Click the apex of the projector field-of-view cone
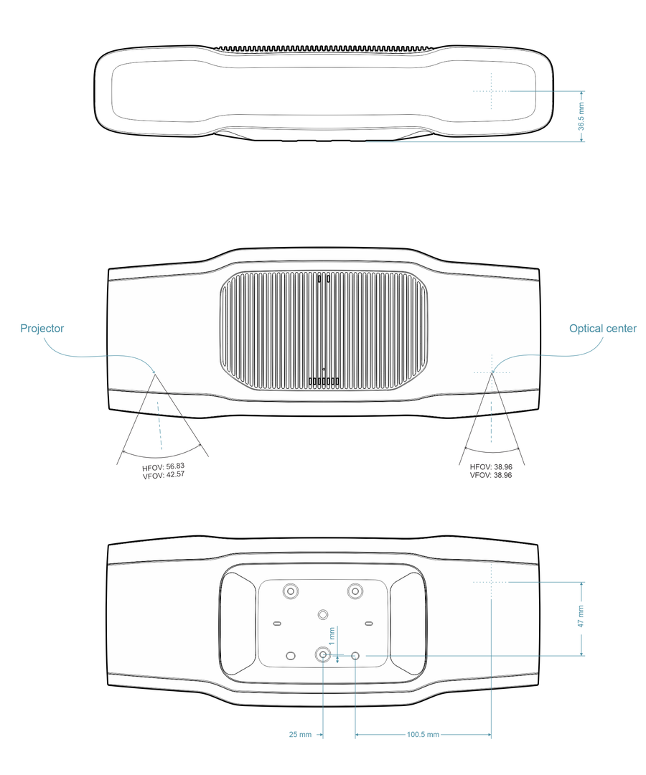tap(156, 375)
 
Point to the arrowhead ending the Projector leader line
tap(154, 371)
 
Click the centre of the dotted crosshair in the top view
tap(491, 91)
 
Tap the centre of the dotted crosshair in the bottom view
tap(491, 582)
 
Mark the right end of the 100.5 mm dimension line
tap(491, 735)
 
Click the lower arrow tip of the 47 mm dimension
tap(581, 655)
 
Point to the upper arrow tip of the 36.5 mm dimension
tap(581, 91)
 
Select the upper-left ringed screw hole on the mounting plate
tap(290, 591)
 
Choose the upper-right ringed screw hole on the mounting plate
tap(355, 591)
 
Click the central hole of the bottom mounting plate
tap(323, 614)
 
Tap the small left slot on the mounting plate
tap(277, 624)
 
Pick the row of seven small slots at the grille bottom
tap(324, 381)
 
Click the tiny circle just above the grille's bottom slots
tap(324, 369)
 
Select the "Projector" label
tap(42, 328)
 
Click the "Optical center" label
tap(602, 328)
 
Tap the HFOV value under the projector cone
tap(163, 467)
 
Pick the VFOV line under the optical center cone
tap(491, 475)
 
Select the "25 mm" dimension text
tap(300, 735)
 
